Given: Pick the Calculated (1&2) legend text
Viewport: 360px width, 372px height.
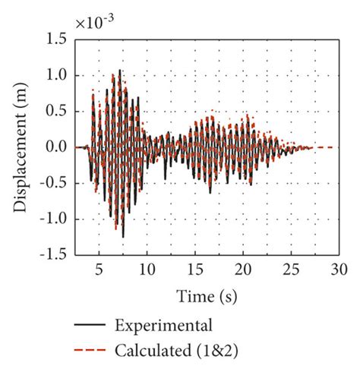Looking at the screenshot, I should coord(172,350).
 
